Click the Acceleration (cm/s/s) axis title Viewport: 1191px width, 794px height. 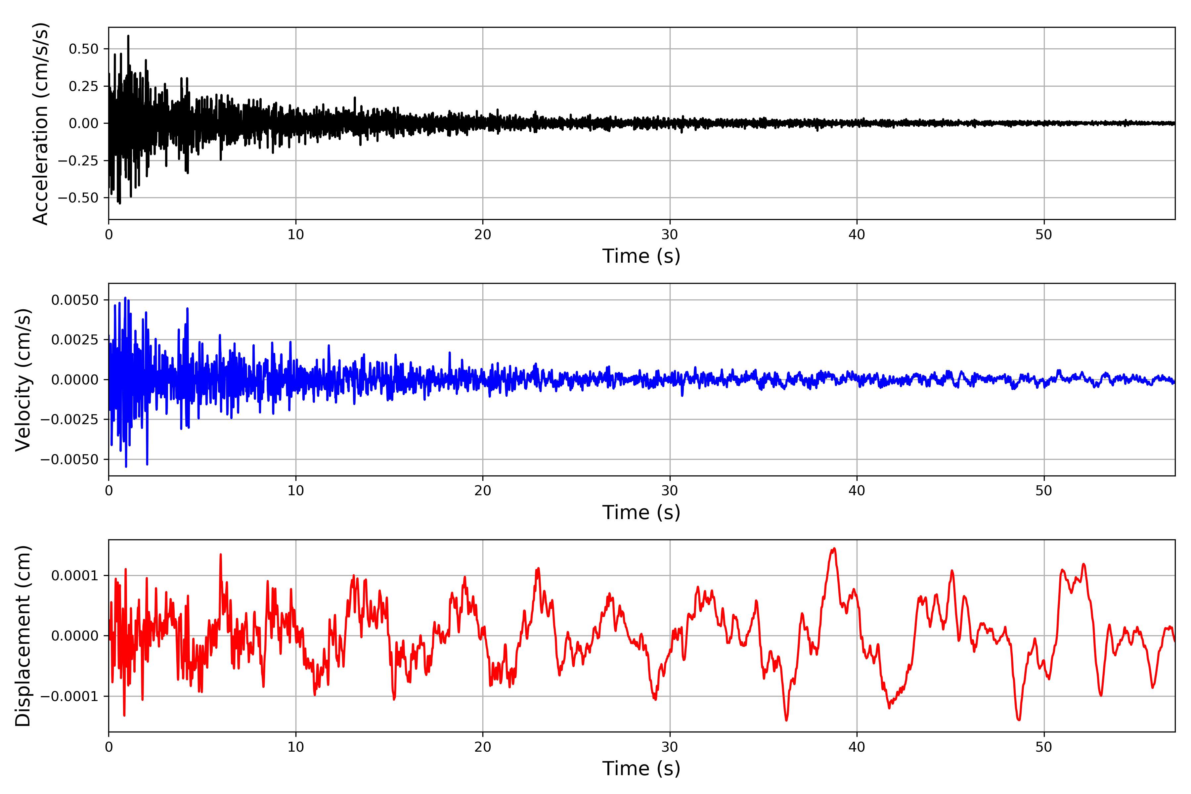tap(40, 123)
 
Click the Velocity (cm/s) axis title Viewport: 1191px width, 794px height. tap(23, 379)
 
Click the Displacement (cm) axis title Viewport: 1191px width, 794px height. tap(23, 636)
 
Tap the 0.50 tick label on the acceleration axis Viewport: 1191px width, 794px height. tap(84, 49)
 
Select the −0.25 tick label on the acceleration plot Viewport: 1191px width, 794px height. tap(78, 160)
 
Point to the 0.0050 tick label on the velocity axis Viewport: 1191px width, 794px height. tap(75, 300)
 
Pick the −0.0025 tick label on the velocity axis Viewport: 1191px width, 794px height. tap(69, 419)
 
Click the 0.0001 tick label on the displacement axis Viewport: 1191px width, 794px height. tap(75, 576)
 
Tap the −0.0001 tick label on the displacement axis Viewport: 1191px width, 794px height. tap(69, 696)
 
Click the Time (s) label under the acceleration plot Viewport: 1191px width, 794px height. tap(641, 256)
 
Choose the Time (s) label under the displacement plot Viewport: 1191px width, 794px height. tap(641, 769)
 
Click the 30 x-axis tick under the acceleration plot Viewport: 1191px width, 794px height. tap(669, 235)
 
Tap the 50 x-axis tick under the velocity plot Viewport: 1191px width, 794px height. tap(1044, 491)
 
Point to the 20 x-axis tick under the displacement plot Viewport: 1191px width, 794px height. tap(483, 747)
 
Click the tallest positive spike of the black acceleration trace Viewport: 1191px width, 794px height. tap(128, 36)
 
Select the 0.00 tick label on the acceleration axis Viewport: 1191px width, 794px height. tap(84, 123)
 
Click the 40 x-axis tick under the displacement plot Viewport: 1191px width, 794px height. tap(857, 747)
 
